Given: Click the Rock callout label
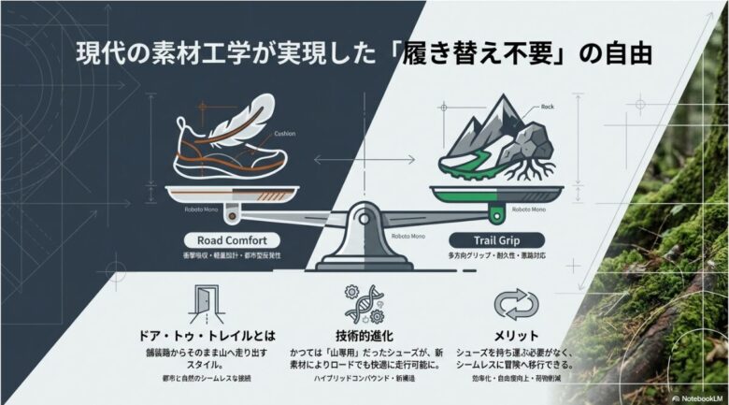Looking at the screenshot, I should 547,107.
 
